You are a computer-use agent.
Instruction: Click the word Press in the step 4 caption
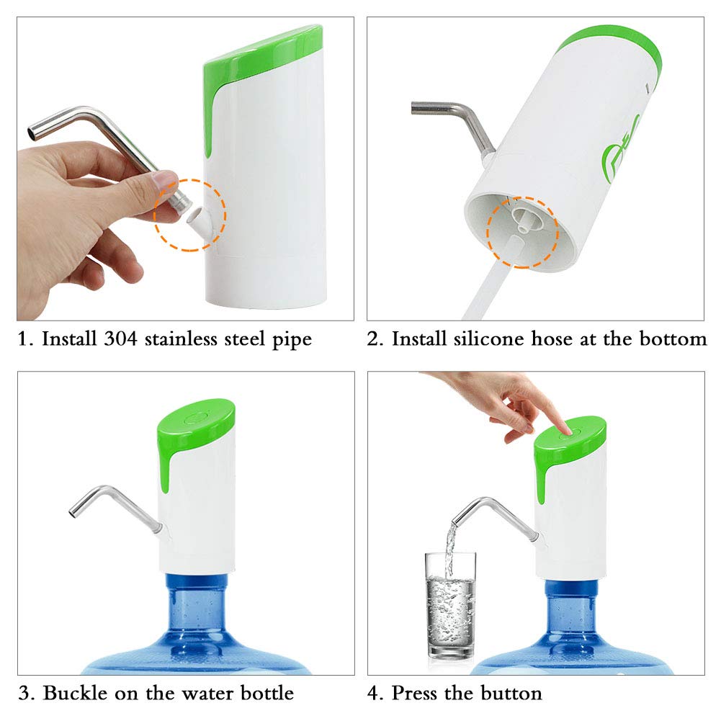tap(416, 694)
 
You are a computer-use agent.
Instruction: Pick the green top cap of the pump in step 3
tap(196, 425)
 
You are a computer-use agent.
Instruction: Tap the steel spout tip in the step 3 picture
tap(73, 511)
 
